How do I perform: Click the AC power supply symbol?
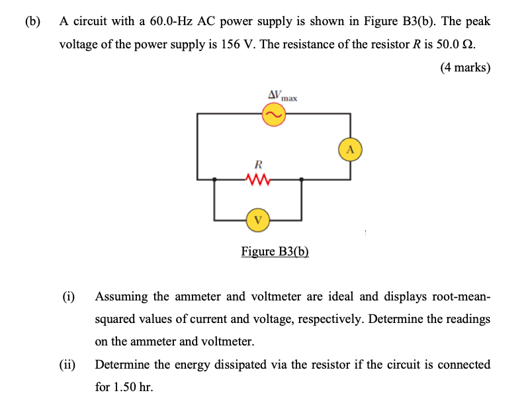(273, 116)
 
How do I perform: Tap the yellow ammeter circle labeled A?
(351, 149)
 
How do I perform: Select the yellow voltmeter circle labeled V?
(258, 219)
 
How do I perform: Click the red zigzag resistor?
(258, 179)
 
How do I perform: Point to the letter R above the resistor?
(258, 163)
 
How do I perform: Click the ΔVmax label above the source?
(282, 96)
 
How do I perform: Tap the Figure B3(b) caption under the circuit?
(275, 252)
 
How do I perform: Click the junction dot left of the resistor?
(214, 179)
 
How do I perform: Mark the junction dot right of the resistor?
(302, 179)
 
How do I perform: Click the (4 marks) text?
(464, 67)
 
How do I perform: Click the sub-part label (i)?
(68, 296)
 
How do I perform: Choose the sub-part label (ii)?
(69, 365)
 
